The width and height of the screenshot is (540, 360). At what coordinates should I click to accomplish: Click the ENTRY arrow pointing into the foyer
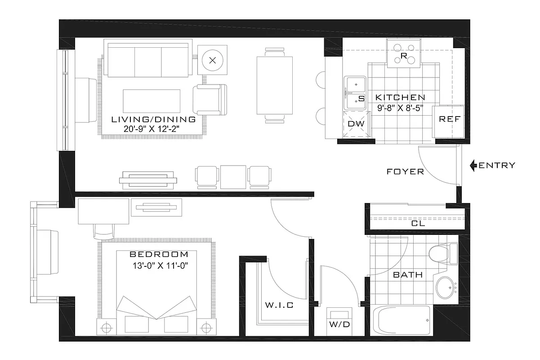pyautogui.click(x=473, y=166)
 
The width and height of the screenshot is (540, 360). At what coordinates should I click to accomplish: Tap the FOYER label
pyautogui.click(x=405, y=171)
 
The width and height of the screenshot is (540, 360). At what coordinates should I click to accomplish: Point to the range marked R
pyautogui.click(x=404, y=53)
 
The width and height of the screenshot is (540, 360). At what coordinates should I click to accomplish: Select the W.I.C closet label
pyautogui.click(x=279, y=306)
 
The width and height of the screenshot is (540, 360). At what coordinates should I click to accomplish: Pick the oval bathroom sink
pyautogui.click(x=446, y=286)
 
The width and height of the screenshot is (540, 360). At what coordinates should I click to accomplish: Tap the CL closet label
pyautogui.click(x=418, y=223)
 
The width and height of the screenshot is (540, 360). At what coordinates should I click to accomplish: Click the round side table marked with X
pyautogui.click(x=213, y=60)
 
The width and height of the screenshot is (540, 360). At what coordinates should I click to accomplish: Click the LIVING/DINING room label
pyautogui.click(x=153, y=120)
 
